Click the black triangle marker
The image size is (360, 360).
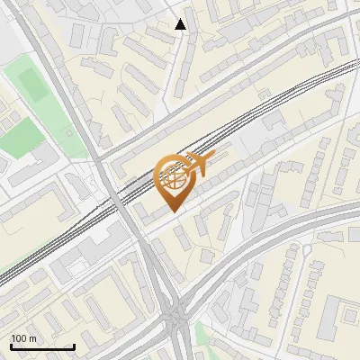coord(181,24)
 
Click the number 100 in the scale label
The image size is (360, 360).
coord(19,338)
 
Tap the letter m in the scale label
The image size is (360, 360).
coord(33,338)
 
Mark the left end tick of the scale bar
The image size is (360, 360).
coord(11,346)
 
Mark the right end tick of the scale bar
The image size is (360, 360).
coord(74,346)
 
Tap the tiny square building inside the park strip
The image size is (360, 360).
coord(7,102)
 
